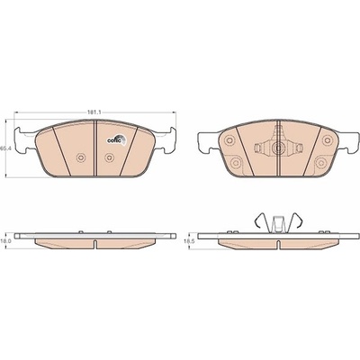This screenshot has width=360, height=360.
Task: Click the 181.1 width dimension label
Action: [x=94, y=112]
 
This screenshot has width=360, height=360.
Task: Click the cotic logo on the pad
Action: [x=117, y=140]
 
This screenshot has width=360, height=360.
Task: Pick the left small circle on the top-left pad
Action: [x=81, y=157]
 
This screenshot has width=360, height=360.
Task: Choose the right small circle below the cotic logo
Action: [x=109, y=157]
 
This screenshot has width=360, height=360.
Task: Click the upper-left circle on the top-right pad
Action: [x=229, y=140]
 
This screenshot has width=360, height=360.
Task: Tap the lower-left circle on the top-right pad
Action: [x=236, y=162]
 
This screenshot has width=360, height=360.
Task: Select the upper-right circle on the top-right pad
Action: [x=328, y=139]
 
